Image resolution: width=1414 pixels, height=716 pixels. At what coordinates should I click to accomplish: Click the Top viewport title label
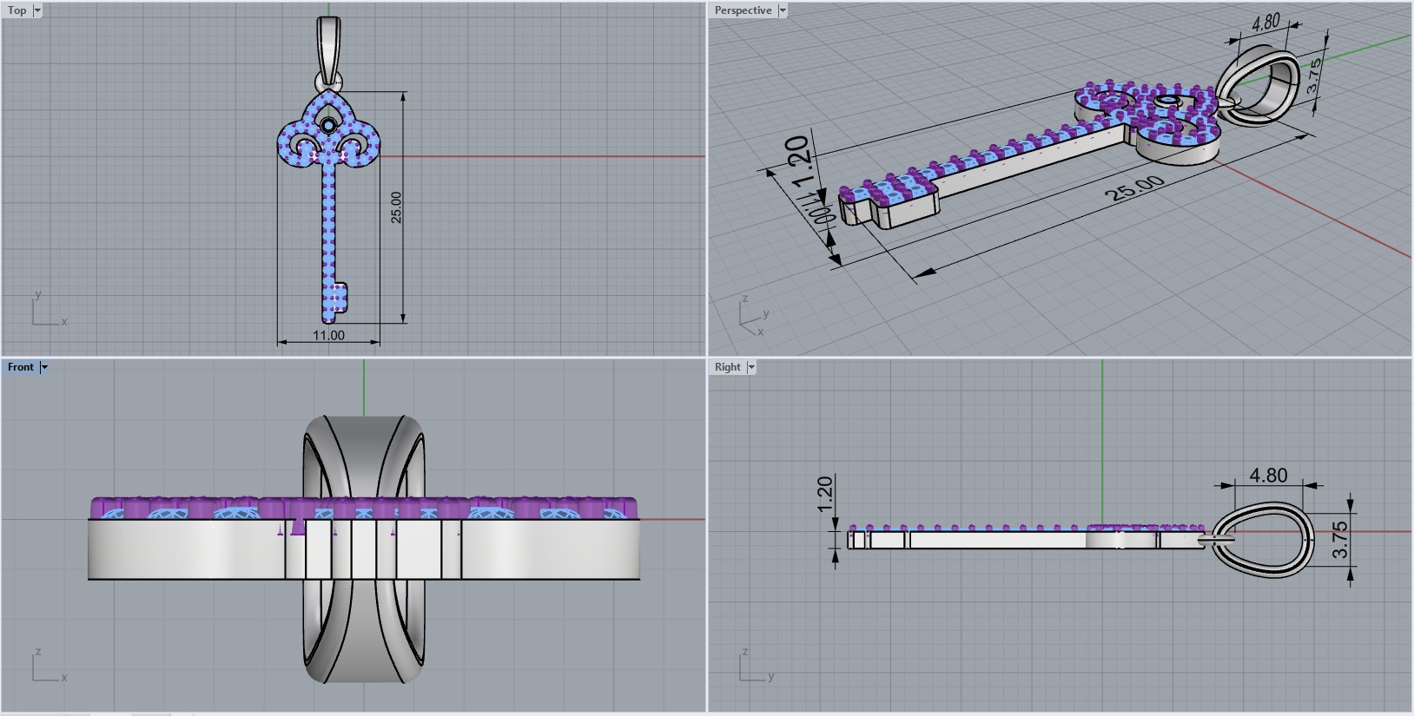[x=17, y=10]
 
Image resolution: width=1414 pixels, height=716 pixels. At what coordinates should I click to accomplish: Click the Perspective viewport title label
[x=743, y=10]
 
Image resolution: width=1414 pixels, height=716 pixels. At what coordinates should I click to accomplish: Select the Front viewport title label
[x=20, y=367]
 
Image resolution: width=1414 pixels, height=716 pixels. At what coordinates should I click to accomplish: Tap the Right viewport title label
[x=727, y=367]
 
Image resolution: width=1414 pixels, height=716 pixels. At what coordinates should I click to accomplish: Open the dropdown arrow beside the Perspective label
[x=783, y=10]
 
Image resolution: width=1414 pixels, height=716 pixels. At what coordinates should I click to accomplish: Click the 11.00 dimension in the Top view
[x=328, y=335]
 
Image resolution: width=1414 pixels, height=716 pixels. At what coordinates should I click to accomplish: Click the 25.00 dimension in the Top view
[x=396, y=207]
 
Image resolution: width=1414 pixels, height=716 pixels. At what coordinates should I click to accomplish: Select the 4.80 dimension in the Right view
[x=1268, y=476]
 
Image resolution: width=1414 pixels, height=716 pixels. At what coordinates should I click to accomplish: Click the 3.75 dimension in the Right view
[x=1340, y=539]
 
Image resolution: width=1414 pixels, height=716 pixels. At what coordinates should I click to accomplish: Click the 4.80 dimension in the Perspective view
[x=1265, y=23]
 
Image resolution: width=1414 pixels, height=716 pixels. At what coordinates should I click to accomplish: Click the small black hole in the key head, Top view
[x=328, y=127]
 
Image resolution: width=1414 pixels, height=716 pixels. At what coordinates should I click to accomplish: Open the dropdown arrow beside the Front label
[x=44, y=367]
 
